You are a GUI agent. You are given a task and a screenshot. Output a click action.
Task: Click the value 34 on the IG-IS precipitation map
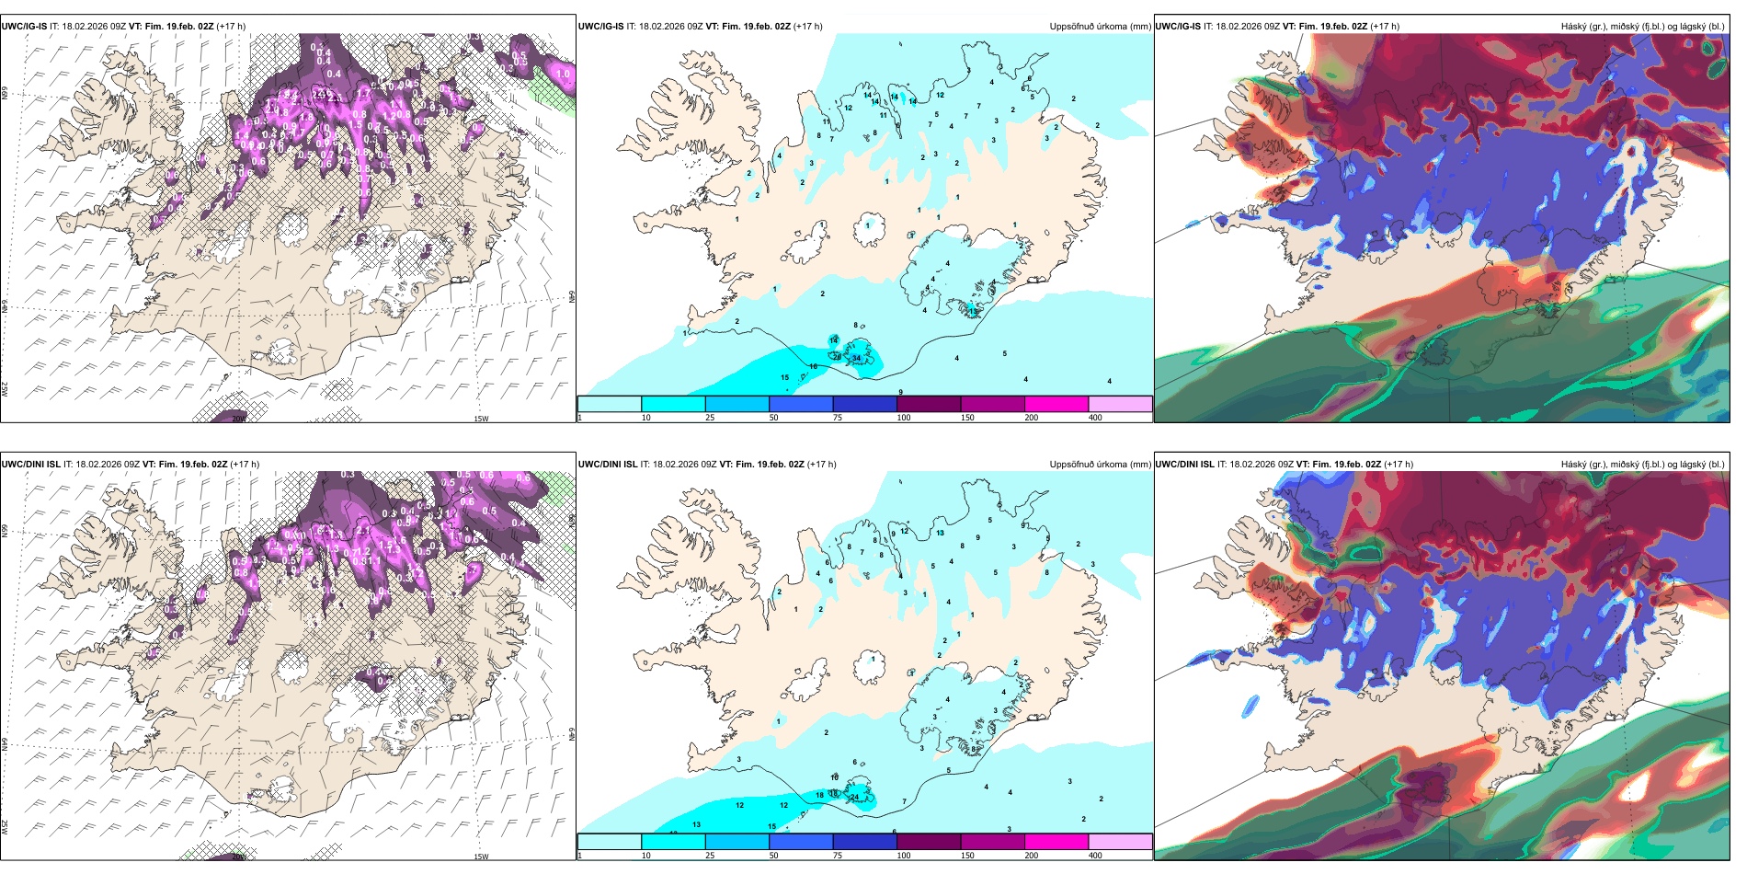click(856, 358)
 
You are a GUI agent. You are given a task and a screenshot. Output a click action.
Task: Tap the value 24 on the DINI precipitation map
click(854, 797)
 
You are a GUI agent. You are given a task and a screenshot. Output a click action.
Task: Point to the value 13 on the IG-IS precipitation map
click(974, 312)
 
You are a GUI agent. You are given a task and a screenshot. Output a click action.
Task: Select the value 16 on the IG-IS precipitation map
click(813, 367)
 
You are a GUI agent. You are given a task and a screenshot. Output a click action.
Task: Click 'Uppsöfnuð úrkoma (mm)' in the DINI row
click(1100, 465)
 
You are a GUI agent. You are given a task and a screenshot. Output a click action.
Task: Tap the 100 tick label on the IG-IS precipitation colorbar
click(904, 418)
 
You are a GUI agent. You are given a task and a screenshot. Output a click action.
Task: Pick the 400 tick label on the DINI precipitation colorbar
click(1095, 856)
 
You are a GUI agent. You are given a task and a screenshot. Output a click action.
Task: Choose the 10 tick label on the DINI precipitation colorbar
click(646, 856)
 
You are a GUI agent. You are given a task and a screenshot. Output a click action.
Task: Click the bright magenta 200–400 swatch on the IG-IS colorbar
click(1056, 403)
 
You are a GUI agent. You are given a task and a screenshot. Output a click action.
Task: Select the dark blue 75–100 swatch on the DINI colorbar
click(864, 841)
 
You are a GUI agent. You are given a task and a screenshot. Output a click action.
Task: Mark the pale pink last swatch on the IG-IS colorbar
click(1120, 403)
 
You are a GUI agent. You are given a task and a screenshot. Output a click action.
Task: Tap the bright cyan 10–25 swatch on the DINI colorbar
click(673, 841)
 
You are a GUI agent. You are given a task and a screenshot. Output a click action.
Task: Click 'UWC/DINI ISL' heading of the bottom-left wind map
click(30, 465)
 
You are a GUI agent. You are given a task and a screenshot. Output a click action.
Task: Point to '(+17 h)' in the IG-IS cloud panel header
click(1385, 27)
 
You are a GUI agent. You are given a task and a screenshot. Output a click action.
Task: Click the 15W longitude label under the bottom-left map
click(480, 857)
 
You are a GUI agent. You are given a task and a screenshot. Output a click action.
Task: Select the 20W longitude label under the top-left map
click(239, 419)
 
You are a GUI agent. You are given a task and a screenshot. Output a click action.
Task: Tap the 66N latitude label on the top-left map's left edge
click(5, 94)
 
